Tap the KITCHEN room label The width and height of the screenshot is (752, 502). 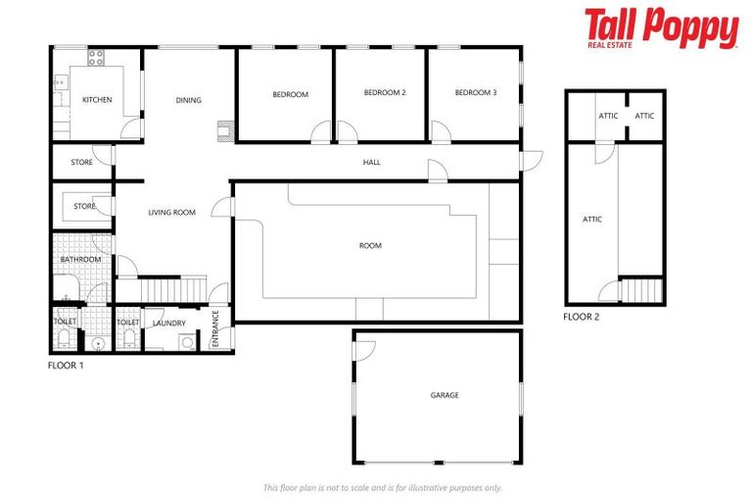[97, 100]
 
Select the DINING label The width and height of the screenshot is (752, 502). [189, 100]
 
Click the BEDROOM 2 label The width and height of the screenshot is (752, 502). [385, 93]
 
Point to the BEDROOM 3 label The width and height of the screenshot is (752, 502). [476, 93]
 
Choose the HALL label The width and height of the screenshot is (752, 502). [371, 162]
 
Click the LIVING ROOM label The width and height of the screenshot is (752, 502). [172, 213]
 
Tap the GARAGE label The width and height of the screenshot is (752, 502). [445, 395]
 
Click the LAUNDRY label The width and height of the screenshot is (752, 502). [168, 323]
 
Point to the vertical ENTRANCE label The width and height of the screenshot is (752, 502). [215, 327]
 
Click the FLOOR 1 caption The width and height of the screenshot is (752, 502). [67, 365]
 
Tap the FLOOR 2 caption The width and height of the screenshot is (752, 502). [582, 317]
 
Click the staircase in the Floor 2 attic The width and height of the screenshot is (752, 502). [642, 290]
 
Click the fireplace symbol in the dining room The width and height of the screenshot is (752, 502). [225, 127]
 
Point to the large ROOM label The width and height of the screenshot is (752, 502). [370, 245]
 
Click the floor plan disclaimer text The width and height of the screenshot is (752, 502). [381, 487]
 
